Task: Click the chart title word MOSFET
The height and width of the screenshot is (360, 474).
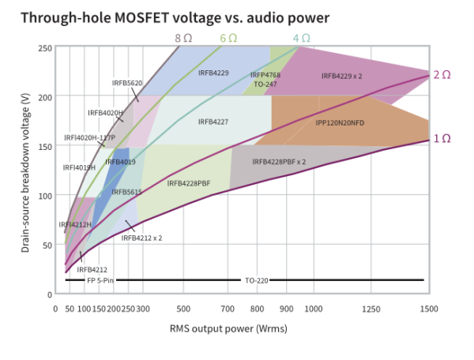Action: click(x=141, y=18)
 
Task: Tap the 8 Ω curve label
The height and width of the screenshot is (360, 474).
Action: click(x=183, y=39)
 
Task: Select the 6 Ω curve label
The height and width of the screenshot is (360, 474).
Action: click(x=228, y=39)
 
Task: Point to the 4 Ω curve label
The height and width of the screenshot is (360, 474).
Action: click(x=302, y=39)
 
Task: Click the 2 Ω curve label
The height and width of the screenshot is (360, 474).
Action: click(x=442, y=75)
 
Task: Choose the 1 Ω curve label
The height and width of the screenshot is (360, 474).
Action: click(x=442, y=139)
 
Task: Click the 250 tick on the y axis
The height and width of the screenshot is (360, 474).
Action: click(x=45, y=48)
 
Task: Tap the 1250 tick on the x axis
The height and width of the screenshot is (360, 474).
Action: click(x=371, y=309)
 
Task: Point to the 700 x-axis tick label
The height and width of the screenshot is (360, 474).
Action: click(x=228, y=309)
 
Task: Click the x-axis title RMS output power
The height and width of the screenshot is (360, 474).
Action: click(x=211, y=328)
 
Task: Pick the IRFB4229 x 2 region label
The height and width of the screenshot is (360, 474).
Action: click(x=341, y=76)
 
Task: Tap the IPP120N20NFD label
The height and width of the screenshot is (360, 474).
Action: click(x=340, y=123)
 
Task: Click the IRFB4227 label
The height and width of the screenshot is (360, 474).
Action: click(x=213, y=122)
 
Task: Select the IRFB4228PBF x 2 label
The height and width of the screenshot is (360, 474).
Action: click(x=279, y=162)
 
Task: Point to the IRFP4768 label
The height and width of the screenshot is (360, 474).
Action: click(x=265, y=75)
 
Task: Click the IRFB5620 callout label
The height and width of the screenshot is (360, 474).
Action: click(x=127, y=83)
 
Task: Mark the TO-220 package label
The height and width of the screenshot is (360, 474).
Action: click(x=257, y=281)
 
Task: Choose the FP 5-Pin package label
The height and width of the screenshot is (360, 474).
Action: click(x=100, y=280)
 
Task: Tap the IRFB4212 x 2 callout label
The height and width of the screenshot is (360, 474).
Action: click(x=141, y=238)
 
